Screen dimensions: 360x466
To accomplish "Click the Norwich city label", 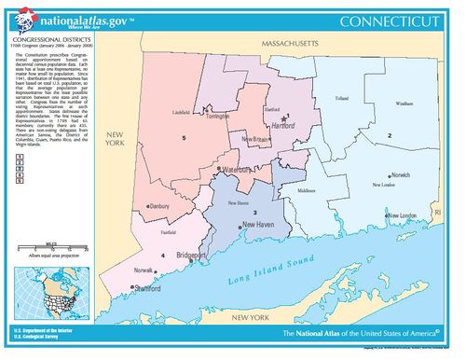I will click(400, 174).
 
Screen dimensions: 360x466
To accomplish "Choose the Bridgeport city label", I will click(215, 254).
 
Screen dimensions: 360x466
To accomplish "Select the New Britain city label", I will click(256, 139).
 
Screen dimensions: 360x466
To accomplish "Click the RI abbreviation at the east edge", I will click(438, 213).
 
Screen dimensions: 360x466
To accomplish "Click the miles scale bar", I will click(46, 244).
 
